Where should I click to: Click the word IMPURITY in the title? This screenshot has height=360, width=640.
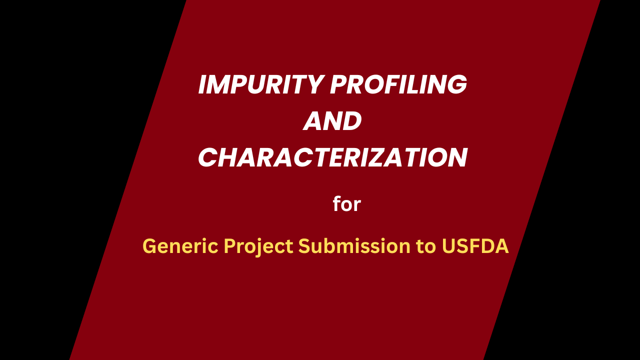pyautogui.click(x=260, y=85)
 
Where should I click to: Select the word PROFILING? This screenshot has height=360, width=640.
pyautogui.click(x=398, y=85)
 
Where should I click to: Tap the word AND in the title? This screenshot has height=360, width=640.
pyautogui.click(x=332, y=121)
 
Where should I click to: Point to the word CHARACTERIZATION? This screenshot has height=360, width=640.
pyautogui.click(x=332, y=158)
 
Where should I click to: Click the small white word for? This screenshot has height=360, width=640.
pyautogui.click(x=347, y=204)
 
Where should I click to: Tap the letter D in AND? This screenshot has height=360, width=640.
pyautogui.click(x=351, y=121)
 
